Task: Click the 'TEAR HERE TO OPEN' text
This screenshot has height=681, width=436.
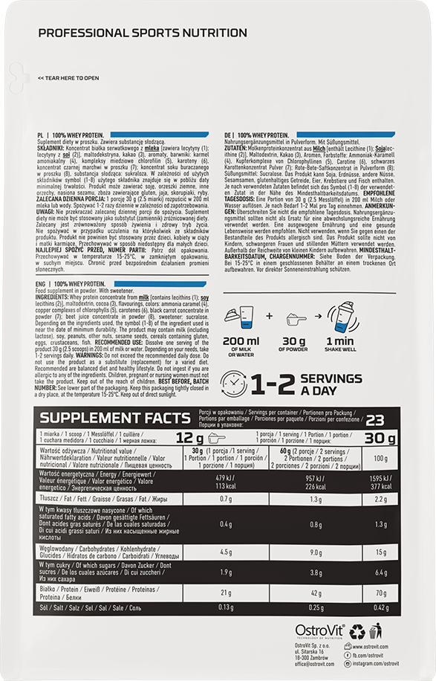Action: tap(68, 77)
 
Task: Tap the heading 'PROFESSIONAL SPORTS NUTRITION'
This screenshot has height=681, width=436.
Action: tap(143, 33)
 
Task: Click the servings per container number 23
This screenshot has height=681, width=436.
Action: tap(374, 419)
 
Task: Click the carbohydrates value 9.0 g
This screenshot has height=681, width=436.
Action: tap(316, 552)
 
